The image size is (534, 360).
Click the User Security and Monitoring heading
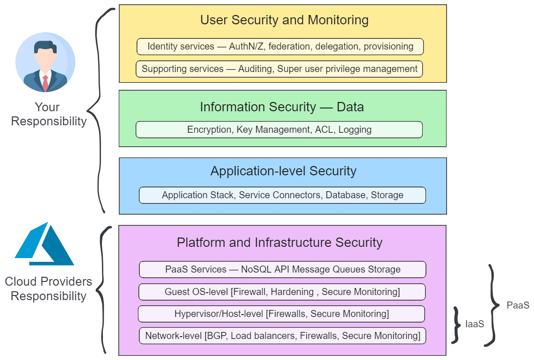[x=284, y=20]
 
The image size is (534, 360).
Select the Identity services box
[x=280, y=47]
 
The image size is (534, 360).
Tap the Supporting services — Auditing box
[x=279, y=69]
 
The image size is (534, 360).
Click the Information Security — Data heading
[x=281, y=107]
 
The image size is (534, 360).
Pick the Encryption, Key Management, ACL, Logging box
[x=279, y=130]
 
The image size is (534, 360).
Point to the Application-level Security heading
[x=283, y=171]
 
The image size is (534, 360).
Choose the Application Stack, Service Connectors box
[x=282, y=195]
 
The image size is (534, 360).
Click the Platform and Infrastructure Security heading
[x=279, y=243]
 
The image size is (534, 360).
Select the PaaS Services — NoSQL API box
[x=282, y=269]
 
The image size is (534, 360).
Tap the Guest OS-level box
[x=282, y=292]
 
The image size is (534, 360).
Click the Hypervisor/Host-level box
[x=281, y=314]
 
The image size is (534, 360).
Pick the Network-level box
[x=282, y=336]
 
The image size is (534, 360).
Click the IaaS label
[x=475, y=324]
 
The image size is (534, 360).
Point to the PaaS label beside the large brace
[x=518, y=305]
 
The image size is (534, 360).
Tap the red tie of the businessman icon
[x=45, y=83]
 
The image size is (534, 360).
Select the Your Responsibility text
[x=49, y=115]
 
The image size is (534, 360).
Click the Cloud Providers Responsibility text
[x=49, y=289]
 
